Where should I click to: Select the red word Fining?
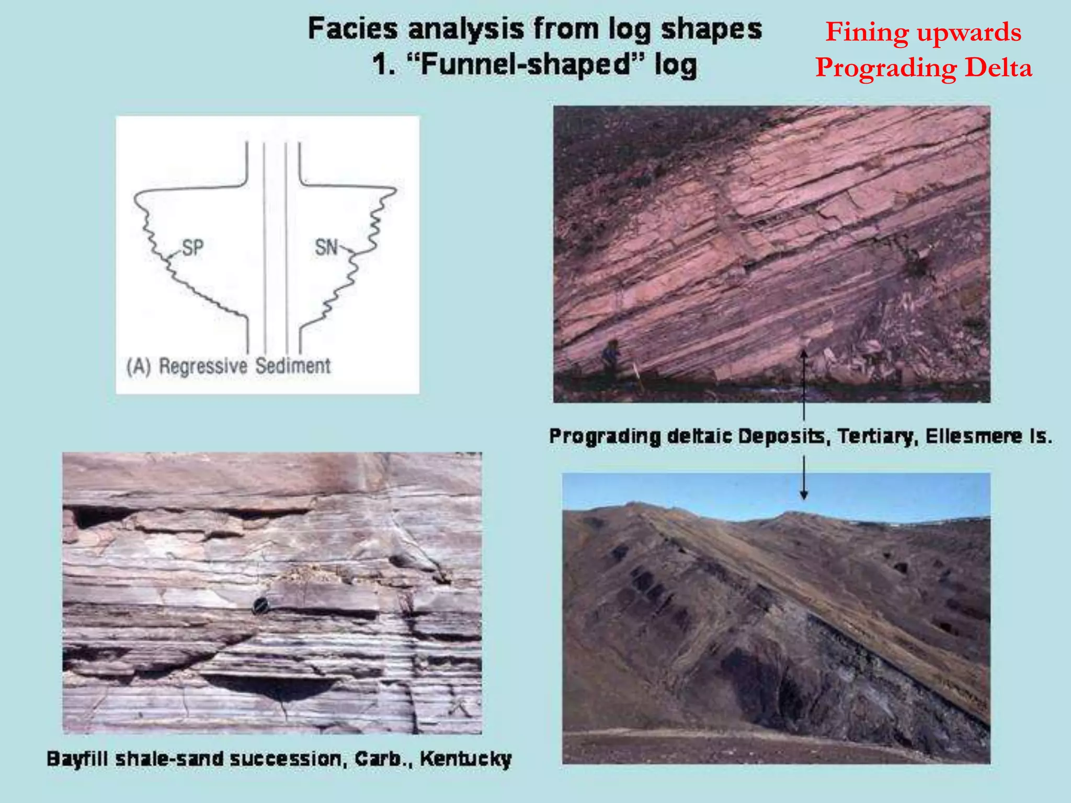coord(867,32)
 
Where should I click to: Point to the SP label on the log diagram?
coord(192,247)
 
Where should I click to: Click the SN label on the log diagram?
coord(326,247)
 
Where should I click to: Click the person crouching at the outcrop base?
coord(610,355)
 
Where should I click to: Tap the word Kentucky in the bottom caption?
coord(465,759)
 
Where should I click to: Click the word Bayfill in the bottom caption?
coord(77,759)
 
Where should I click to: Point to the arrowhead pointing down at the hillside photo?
coord(804,494)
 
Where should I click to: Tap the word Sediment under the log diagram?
coord(293,366)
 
